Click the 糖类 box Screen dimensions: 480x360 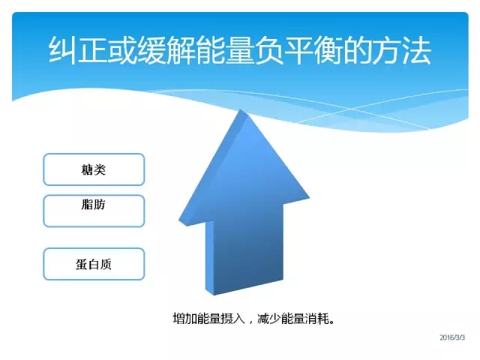(x=94, y=169)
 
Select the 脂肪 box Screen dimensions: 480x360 (x=94, y=211)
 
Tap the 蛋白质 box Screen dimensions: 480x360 (x=94, y=264)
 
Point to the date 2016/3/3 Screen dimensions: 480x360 (x=452, y=337)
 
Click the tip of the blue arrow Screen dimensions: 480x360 (x=241, y=109)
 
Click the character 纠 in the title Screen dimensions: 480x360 (x=62, y=50)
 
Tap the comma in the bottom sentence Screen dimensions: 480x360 (x=251, y=322)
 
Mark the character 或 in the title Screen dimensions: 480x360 (x=121, y=50)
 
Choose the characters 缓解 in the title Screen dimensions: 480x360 (x=166, y=50)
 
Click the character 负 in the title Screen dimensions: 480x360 (x=268, y=50)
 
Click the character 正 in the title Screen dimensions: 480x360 (x=91, y=50)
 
